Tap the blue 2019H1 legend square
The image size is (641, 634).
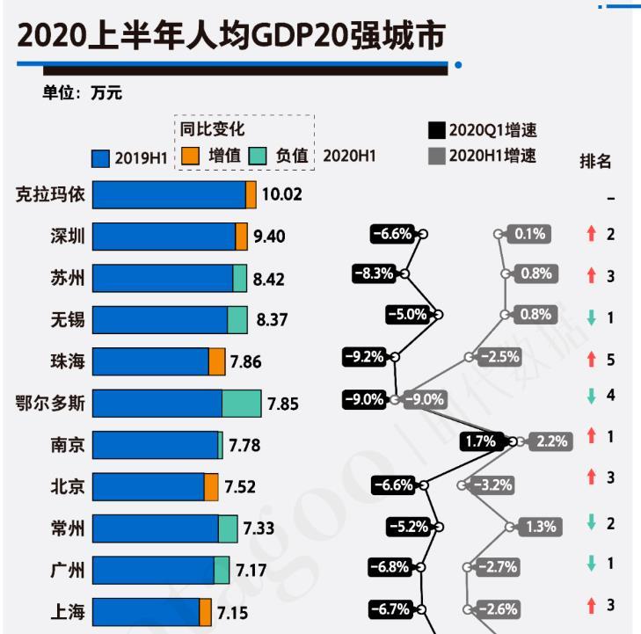[101, 158]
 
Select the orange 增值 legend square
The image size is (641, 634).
[190, 156]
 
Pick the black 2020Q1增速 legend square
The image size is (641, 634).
[435, 130]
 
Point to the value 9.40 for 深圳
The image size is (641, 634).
[269, 236]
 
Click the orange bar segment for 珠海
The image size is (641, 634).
[216, 361]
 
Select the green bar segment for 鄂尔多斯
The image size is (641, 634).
[241, 404]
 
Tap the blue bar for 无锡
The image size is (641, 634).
[159, 319]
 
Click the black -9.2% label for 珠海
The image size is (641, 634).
[364, 357]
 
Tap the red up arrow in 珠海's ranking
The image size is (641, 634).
[592, 359]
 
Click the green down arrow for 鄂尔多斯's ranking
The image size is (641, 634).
[592, 396]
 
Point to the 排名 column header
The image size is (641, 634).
[594, 161]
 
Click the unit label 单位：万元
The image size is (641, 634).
[82, 93]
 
